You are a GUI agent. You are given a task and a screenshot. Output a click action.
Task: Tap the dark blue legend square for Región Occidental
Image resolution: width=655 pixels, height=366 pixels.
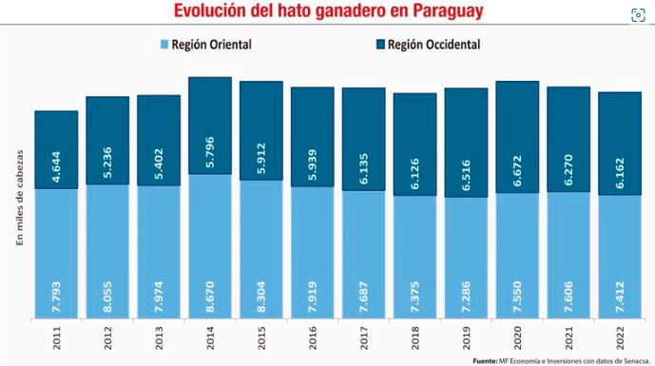pyautogui.click(x=381, y=45)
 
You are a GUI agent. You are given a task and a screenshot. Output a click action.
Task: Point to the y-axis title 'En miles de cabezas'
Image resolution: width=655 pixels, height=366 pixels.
pyautogui.click(x=19, y=200)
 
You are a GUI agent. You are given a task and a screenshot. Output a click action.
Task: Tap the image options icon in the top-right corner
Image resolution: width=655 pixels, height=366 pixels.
pyautogui.click(x=636, y=16)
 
